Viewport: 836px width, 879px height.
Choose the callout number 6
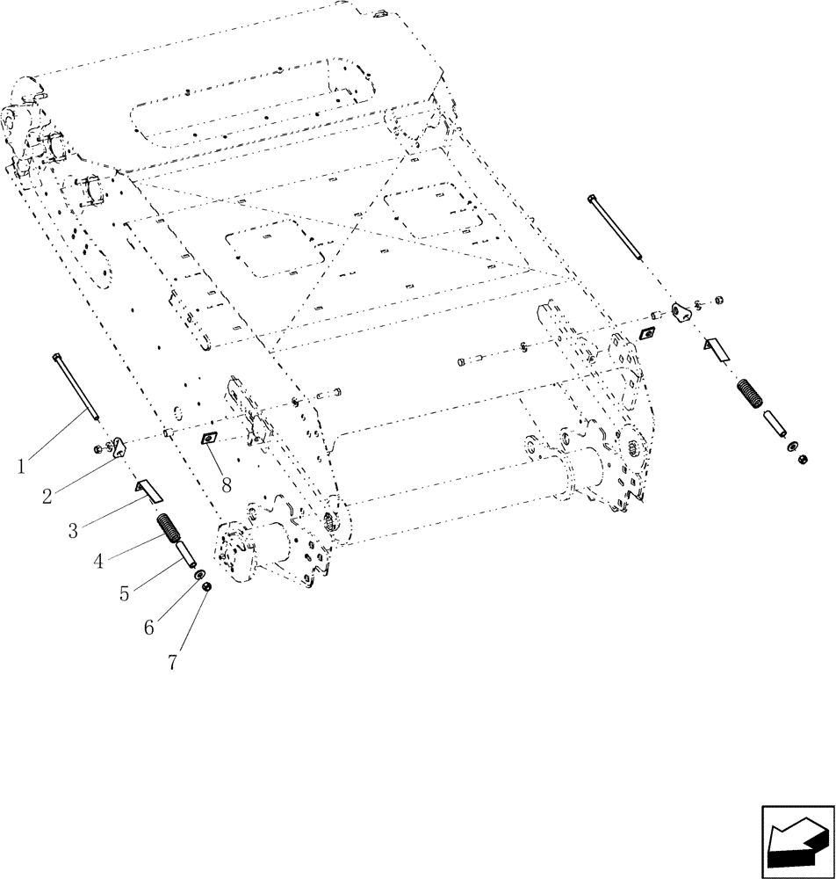[150, 627]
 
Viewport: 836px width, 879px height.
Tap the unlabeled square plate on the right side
[650, 332]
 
